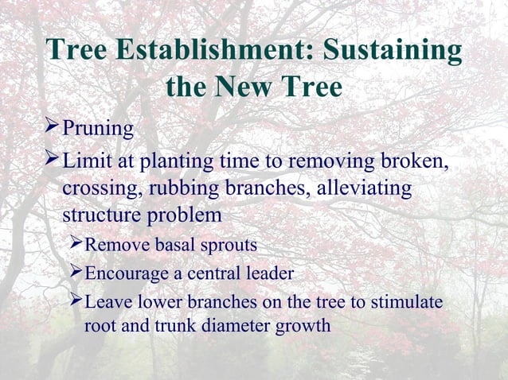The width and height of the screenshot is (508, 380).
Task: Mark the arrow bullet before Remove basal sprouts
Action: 75,242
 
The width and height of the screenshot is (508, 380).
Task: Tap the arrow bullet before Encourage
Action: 75,273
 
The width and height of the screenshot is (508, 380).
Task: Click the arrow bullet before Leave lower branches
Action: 75,302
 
